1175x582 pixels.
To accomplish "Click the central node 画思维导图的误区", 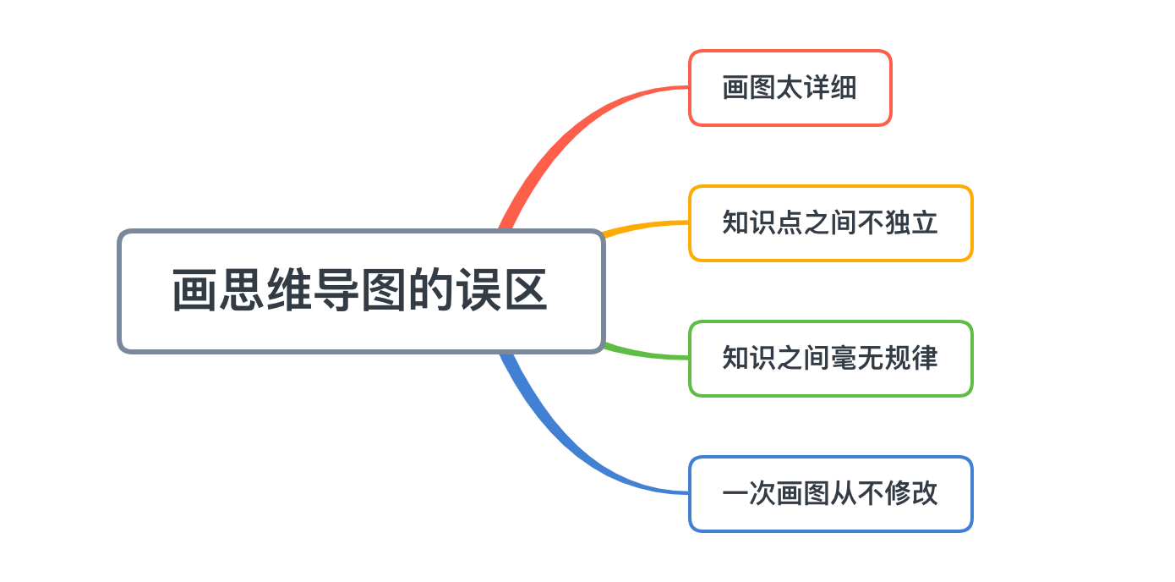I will pos(362,291).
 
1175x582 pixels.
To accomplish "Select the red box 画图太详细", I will pos(790,88).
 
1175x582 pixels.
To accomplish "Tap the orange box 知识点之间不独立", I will pos(830,223).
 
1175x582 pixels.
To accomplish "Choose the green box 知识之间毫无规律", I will pos(830,359).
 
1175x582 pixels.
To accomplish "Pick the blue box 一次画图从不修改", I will pos(830,494).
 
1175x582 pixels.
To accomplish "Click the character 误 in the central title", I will pos(478,291).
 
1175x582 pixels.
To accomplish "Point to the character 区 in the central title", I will pos(526,291).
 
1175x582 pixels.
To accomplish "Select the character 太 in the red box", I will pos(790,88).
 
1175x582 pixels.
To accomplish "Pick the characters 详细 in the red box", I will pos(830,88).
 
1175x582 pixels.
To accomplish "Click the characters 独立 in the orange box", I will pos(911,223).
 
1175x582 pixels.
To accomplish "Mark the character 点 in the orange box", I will pos(790,223).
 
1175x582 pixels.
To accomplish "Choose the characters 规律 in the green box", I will pos(911,359).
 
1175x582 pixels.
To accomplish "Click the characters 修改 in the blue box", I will pos(911,494).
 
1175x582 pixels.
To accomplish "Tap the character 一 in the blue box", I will pos(735,494).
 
